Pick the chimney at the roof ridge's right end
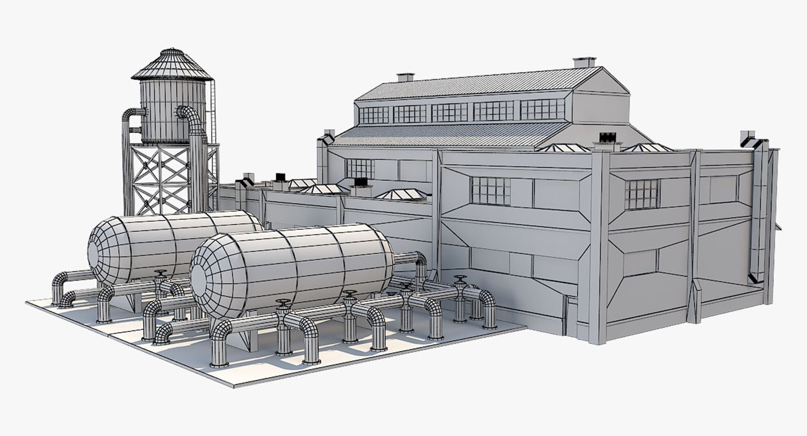[x=585, y=62]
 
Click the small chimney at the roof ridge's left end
[x=405, y=77]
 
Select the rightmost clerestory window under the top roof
[x=542, y=109]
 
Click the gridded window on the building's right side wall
[x=642, y=194]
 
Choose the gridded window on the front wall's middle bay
[x=491, y=191]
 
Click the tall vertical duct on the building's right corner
[x=759, y=210]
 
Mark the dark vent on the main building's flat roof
[x=607, y=138]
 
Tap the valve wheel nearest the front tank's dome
[x=283, y=304]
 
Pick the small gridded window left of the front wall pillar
[x=360, y=168]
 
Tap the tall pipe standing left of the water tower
[x=127, y=164]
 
